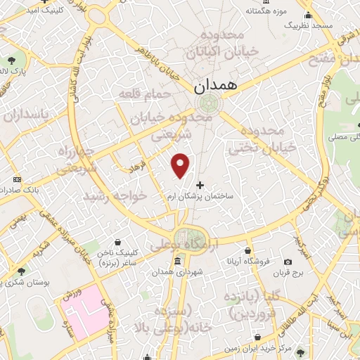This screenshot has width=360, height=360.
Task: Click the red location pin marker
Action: (x=181, y=165)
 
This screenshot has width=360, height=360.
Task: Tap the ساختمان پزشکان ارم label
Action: (x=209, y=198)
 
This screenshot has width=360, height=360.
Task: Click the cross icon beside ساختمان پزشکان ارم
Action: (x=200, y=185)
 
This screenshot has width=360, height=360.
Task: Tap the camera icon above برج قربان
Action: (x=288, y=262)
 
